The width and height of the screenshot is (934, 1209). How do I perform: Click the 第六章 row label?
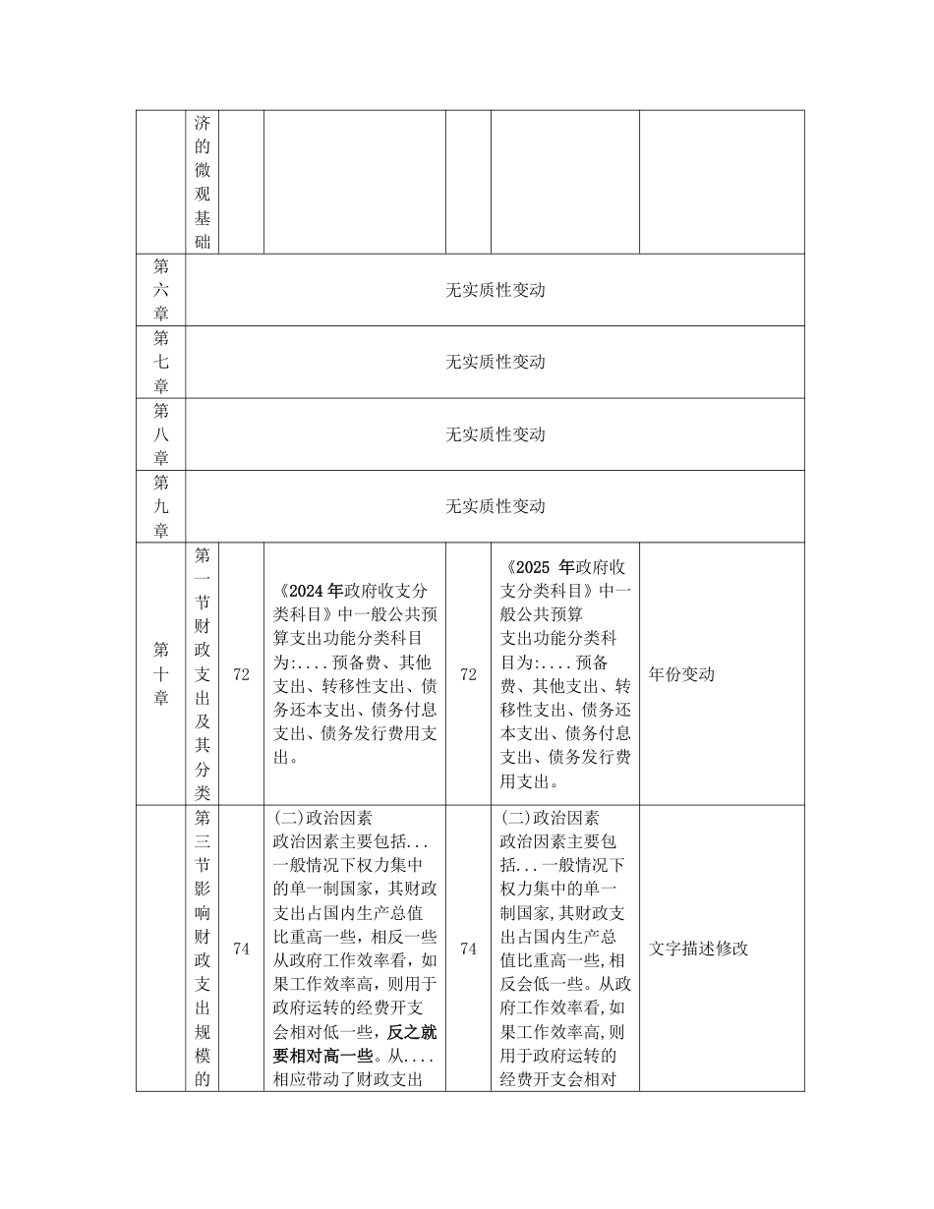[x=160, y=290]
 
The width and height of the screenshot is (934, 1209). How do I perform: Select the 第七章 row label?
[x=160, y=362]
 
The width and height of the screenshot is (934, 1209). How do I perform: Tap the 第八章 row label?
[x=160, y=433]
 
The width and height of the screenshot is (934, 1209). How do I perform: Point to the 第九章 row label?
[x=160, y=506]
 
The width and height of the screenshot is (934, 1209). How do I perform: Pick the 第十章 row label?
[x=160, y=673]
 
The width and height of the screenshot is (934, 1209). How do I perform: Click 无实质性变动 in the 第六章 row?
[x=495, y=290]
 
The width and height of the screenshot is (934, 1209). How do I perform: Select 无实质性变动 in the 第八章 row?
[x=495, y=433]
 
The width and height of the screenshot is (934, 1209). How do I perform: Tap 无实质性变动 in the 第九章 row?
[x=495, y=506]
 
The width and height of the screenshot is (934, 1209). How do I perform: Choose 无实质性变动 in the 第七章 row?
[x=495, y=362]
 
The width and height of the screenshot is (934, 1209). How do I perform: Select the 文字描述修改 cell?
[x=699, y=949]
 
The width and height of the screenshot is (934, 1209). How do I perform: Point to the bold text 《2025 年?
[x=539, y=567]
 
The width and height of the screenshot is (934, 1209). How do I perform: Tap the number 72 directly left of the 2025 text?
[x=468, y=674]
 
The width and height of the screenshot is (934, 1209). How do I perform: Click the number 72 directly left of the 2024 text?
[x=241, y=674]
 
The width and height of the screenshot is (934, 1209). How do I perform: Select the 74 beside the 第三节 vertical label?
[x=241, y=949]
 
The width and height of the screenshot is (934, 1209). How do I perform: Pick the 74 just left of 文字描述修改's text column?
[x=468, y=949]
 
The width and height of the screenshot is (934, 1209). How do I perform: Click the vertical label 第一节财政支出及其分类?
[x=203, y=673]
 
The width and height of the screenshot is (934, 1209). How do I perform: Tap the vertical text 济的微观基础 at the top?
[x=203, y=182]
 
